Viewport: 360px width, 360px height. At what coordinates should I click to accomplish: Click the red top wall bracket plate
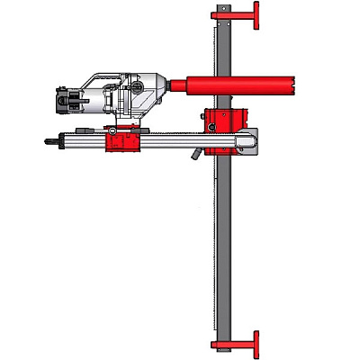pyautogui.click(x=256, y=15)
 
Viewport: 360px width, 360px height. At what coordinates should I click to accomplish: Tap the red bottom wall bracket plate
pyautogui.click(x=256, y=344)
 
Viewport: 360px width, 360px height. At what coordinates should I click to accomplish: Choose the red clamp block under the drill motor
pyautogui.click(x=123, y=141)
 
